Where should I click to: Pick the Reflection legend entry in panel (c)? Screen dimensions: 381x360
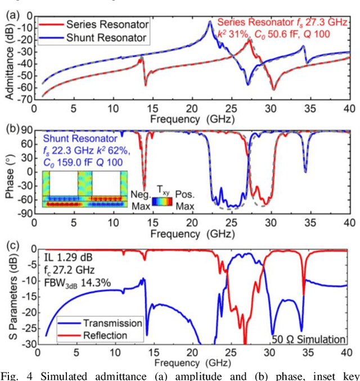(105, 335)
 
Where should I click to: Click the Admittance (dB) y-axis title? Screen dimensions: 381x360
(10, 57)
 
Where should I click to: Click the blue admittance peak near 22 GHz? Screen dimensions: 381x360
(210, 22)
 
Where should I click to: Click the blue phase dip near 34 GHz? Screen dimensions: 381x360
(305, 171)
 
